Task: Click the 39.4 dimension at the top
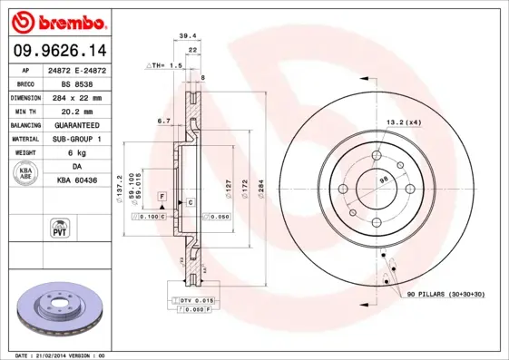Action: (x=188, y=36)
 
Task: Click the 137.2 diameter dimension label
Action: (x=120, y=190)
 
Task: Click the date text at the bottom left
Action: (x=55, y=355)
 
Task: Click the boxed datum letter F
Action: (x=162, y=195)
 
